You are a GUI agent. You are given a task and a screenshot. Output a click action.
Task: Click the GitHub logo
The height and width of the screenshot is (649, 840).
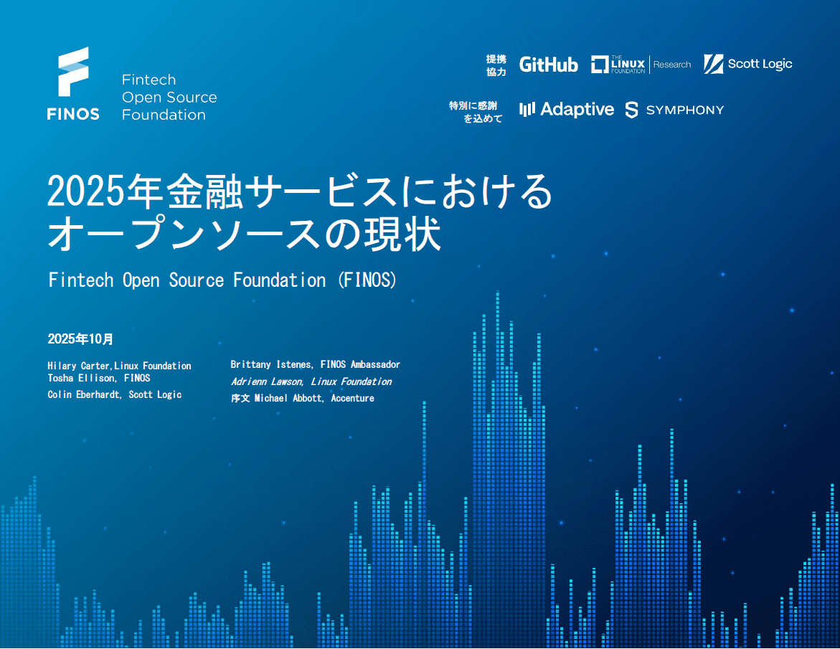click(x=549, y=65)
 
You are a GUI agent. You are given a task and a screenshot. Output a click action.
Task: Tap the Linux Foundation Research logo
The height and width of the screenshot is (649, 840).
click(x=641, y=65)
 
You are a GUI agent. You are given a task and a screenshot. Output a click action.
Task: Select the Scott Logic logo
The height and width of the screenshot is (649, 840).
click(x=748, y=65)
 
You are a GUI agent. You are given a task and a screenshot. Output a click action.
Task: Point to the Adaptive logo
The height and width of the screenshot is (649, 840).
click(x=567, y=109)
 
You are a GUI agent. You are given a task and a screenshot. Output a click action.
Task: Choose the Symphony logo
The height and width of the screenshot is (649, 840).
click(x=674, y=110)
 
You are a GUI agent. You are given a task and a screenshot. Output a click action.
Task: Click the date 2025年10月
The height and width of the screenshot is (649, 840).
click(x=80, y=339)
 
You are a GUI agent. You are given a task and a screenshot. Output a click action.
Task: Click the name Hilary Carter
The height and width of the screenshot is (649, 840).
click(x=78, y=366)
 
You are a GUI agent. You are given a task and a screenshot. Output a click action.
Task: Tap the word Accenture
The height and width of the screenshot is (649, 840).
click(x=352, y=399)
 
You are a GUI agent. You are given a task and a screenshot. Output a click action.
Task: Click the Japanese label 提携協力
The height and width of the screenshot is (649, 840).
click(x=496, y=65)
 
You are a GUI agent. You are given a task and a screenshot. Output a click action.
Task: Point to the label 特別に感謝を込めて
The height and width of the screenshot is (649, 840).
click(x=476, y=112)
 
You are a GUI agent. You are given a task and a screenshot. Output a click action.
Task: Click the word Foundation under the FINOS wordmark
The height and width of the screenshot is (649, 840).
click(x=164, y=115)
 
